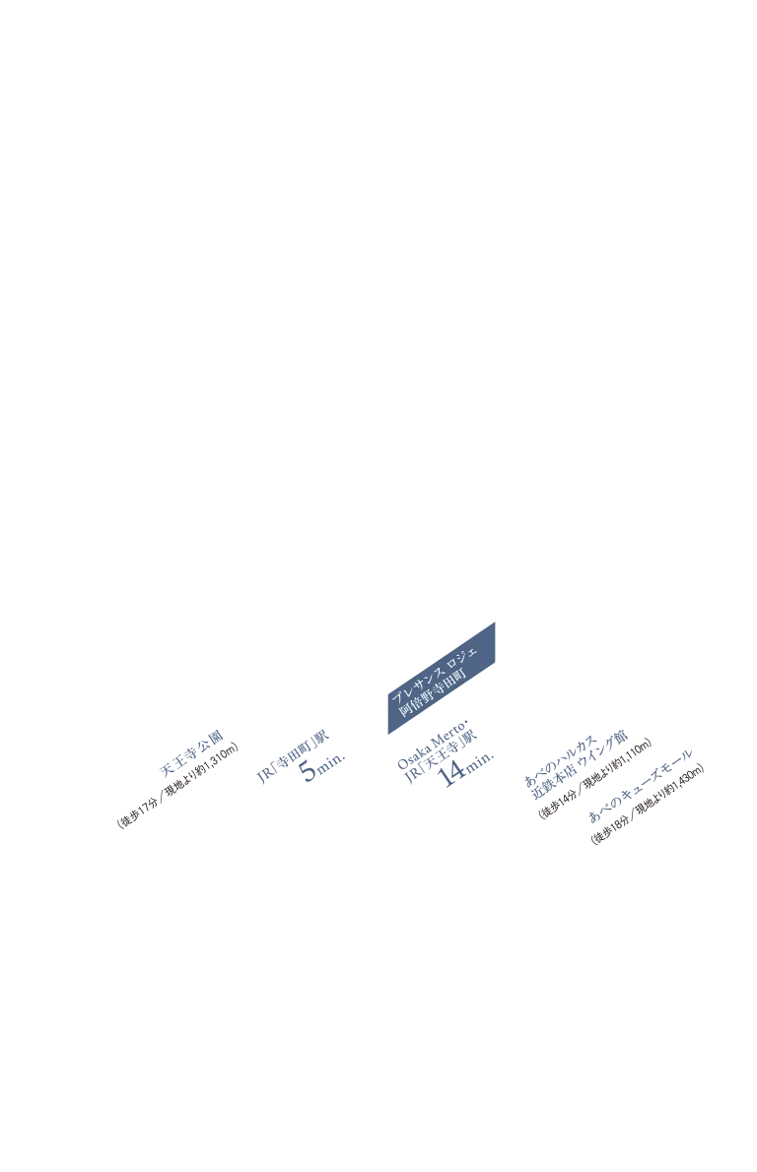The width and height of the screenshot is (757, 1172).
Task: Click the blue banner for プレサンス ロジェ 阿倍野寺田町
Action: pos(442,678)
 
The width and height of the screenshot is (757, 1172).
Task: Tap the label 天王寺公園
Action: pos(191,753)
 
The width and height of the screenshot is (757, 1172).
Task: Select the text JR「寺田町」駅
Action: pos(293,756)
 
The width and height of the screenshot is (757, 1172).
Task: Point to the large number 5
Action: pos(310,770)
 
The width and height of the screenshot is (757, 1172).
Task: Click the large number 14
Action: pos(452,773)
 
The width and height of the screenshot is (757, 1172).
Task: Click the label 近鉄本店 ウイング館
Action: pos(580,765)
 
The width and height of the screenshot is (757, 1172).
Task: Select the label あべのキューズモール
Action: pos(641,786)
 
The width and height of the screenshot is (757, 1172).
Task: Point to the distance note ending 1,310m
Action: pos(178,785)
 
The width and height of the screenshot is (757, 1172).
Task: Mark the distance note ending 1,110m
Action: pos(594,778)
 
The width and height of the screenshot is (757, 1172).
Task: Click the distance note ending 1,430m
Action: pos(648,805)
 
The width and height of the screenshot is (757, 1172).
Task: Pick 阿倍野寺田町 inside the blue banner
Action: pos(433,692)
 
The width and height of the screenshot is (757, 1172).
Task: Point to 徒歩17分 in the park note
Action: pos(138,813)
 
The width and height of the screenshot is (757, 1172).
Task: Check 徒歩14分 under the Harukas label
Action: pos(558,805)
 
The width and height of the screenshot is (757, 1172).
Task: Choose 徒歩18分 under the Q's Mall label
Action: pos(611,829)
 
